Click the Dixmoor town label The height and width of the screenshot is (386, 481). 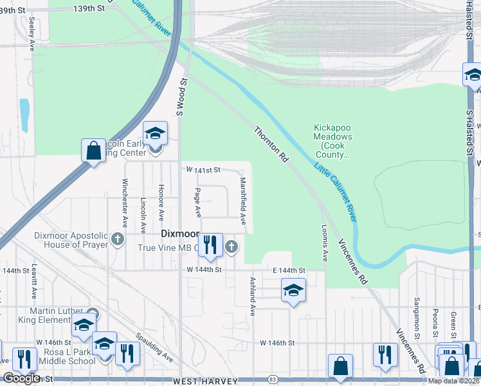pos(180,234)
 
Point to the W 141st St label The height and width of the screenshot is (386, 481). pos(203,170)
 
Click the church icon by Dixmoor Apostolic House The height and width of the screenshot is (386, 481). pos(117,239)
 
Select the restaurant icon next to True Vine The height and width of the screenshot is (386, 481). pos(210,244)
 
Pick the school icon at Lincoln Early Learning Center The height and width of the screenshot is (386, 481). pos(155,133)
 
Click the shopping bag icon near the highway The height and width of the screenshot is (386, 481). pos(94,151)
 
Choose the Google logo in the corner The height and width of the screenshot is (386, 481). pos(21,378)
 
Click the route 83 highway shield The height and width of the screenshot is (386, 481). pos(273,379)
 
